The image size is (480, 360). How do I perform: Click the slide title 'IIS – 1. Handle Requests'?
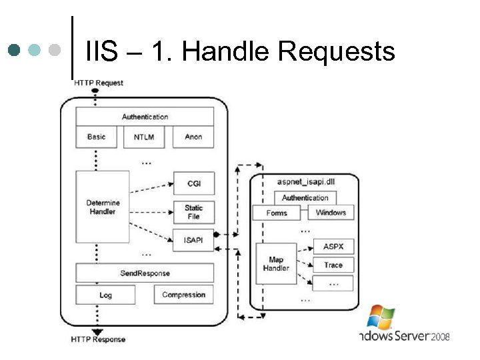tap(240, 51)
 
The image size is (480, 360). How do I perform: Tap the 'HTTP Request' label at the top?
tap(99, 83)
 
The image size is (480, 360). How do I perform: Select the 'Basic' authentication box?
tap(97, 137)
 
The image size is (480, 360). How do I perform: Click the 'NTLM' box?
tap(143, 137)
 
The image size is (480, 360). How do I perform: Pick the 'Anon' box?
tap(193, 137)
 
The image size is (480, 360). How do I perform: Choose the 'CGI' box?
tap(193, 183)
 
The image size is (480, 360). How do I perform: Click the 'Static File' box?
tap(193, 212)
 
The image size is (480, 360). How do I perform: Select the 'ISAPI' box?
tap(193, 240)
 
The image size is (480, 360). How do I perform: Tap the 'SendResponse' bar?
tap(145, 273)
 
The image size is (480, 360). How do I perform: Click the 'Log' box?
tap(105, 295)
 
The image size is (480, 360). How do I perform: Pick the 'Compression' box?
tap(184, 295)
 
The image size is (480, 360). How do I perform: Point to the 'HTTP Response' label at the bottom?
tap(98, 339)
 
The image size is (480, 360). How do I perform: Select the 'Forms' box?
tap(277, 213)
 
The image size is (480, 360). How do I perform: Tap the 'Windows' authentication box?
tap(331, 213)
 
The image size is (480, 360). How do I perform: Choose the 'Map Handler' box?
tap(276, 264)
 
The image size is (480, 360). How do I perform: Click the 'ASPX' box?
tap(333, 247)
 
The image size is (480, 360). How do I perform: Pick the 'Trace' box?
tap(333, 265)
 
